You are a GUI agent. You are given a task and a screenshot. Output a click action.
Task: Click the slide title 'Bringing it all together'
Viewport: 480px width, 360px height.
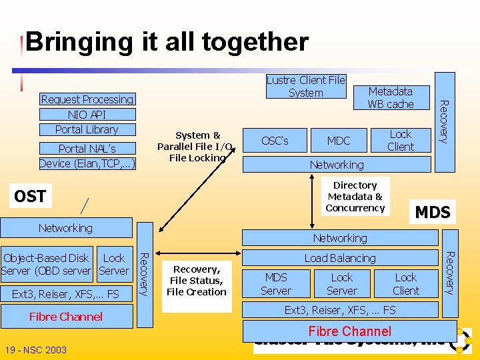click(167, 42)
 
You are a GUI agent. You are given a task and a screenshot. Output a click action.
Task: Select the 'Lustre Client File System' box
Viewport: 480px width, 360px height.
click(305, 87)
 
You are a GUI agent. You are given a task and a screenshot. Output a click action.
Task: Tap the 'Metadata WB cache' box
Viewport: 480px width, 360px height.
click(391, 97)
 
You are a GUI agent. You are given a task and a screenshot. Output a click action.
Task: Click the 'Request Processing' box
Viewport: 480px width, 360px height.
click(87, 99)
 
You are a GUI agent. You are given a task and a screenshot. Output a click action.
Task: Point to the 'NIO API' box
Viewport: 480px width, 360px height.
click(87, 115)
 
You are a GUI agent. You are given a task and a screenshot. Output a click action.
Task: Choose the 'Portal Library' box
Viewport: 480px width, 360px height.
click(87, 129)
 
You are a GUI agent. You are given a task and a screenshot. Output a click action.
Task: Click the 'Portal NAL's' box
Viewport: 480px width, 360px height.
click(87, 149)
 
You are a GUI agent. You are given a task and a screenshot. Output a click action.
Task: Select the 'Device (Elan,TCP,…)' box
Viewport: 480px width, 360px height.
click(87, 163)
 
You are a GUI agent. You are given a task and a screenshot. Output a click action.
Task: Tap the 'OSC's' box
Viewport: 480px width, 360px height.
click(275, 141)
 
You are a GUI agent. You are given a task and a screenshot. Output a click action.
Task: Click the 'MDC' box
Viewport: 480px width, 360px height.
click(339, 141)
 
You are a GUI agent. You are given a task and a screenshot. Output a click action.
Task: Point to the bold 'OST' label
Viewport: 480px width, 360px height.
click(30, 196)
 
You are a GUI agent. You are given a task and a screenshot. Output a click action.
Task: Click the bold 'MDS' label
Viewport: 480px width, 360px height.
click(433, 213)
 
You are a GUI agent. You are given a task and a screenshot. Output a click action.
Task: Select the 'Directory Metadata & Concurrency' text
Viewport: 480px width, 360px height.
click(355, 197)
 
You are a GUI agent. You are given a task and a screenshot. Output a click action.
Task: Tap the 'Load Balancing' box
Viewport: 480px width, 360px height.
click(340, 258)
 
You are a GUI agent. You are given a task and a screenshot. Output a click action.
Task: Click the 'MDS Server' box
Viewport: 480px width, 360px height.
click(276, 284)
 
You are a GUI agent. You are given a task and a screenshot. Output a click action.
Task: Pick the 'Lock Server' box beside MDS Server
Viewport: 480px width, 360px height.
click(342, 284)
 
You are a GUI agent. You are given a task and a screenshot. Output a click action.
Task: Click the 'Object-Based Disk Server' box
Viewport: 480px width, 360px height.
click(47, 264)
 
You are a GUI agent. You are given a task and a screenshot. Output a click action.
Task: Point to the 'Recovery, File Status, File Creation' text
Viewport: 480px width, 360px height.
click(197, 281)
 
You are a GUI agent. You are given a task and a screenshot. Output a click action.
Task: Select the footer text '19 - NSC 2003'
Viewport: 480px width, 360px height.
click(34, 350)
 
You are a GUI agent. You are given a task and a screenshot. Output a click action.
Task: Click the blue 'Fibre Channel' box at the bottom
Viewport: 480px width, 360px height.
click(349, 331)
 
